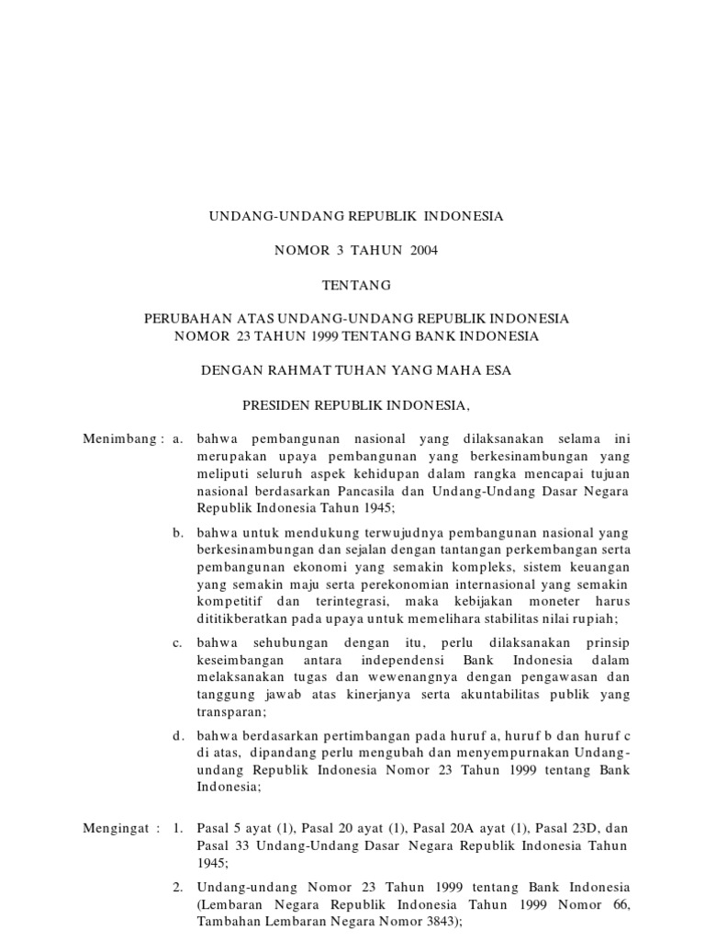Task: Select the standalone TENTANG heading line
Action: point(352,285)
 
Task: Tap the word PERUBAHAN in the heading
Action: point(185,319)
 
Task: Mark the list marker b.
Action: point(177,533)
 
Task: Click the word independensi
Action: point(445,662)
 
